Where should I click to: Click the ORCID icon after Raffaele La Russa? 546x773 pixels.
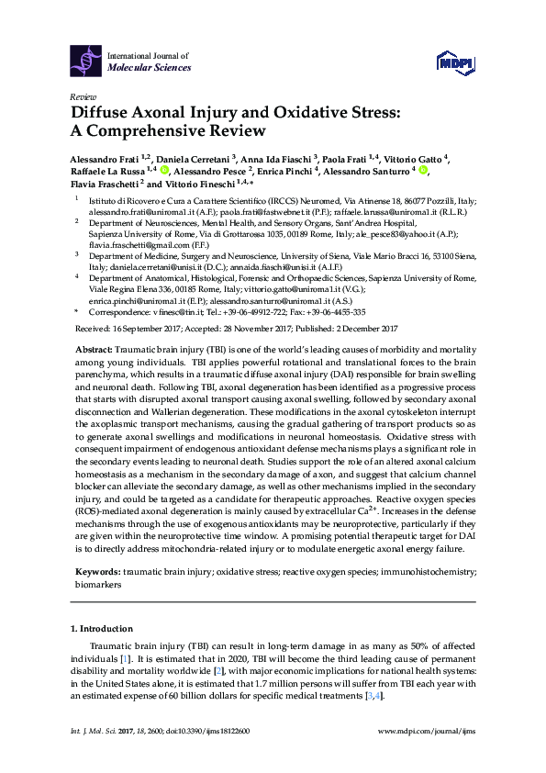pyautogui.click(x=164, y=170)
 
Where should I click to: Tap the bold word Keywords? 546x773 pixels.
pyautogui.click(x=97, y=571)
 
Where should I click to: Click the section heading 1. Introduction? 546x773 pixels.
pyautogui.click(x=101, y=629)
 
